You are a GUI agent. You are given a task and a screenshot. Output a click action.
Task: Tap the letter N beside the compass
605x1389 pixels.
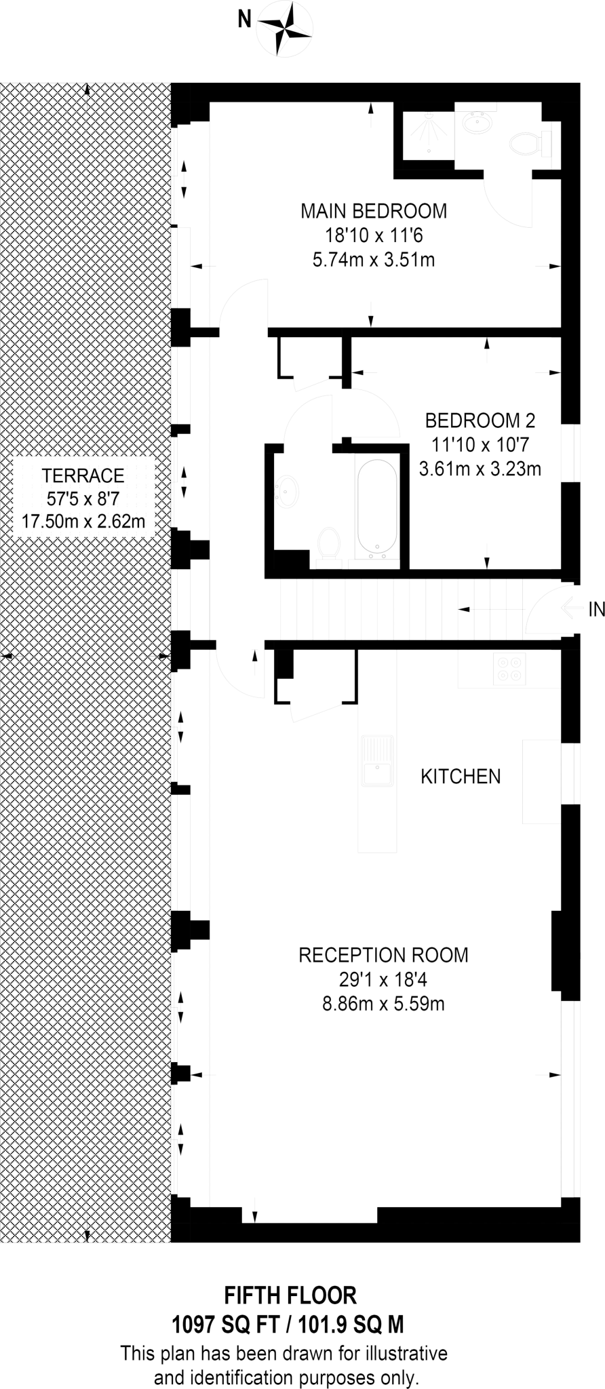pos(243,21)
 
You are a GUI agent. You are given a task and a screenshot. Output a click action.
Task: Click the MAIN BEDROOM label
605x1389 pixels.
pos(374,211)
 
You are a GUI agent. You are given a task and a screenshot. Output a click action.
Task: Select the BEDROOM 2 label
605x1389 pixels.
pos(480,420)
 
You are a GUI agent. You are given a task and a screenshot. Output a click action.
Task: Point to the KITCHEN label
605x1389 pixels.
pos(461,776)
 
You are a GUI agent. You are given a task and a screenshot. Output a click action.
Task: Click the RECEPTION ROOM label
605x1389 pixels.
pos(383,955)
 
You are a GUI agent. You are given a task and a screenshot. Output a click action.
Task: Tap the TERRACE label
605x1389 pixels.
pos(83,475)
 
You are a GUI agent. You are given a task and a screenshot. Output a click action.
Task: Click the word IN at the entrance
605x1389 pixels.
pos(596,610)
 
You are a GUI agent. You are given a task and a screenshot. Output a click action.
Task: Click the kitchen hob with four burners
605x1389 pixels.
pos(510,668)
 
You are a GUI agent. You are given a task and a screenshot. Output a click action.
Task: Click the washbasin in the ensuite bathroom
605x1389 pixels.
pos(479,123)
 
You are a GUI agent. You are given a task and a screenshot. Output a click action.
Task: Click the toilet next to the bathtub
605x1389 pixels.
pos(328,543)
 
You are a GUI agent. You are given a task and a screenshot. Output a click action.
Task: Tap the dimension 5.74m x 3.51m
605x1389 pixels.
pos(374,259)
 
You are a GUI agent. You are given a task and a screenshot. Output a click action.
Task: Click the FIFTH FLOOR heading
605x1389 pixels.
pos(290,1295)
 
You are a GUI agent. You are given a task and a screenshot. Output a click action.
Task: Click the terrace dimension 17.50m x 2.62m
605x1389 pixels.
pos(83,522)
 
